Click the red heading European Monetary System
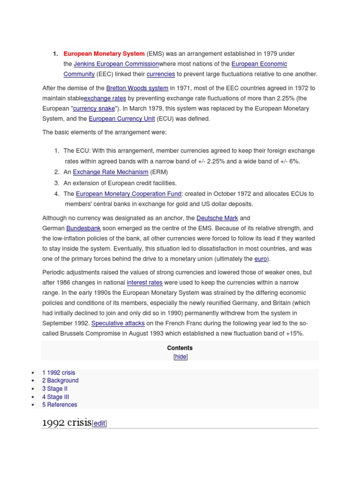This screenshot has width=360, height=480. pos(104,54)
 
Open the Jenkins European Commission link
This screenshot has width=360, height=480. pos(116,64)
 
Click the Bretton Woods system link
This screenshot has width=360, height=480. pos(137,88)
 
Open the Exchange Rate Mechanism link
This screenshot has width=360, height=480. pos(110,172)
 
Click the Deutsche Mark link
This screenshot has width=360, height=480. pos(217,218)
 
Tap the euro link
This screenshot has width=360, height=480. pos(260,259)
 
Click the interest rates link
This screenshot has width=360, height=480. pos(144,282)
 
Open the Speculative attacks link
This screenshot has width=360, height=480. pos(118,323)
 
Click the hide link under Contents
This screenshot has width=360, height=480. pos(180,357)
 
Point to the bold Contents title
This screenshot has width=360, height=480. pos(180,348)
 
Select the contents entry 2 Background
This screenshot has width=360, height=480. pos(60,381)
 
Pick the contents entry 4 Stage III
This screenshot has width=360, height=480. pos(55,397)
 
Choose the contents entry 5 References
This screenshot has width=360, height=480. pos(60,405)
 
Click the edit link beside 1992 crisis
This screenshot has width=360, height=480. pos(99,423)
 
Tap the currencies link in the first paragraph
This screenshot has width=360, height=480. pos(160,74)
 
